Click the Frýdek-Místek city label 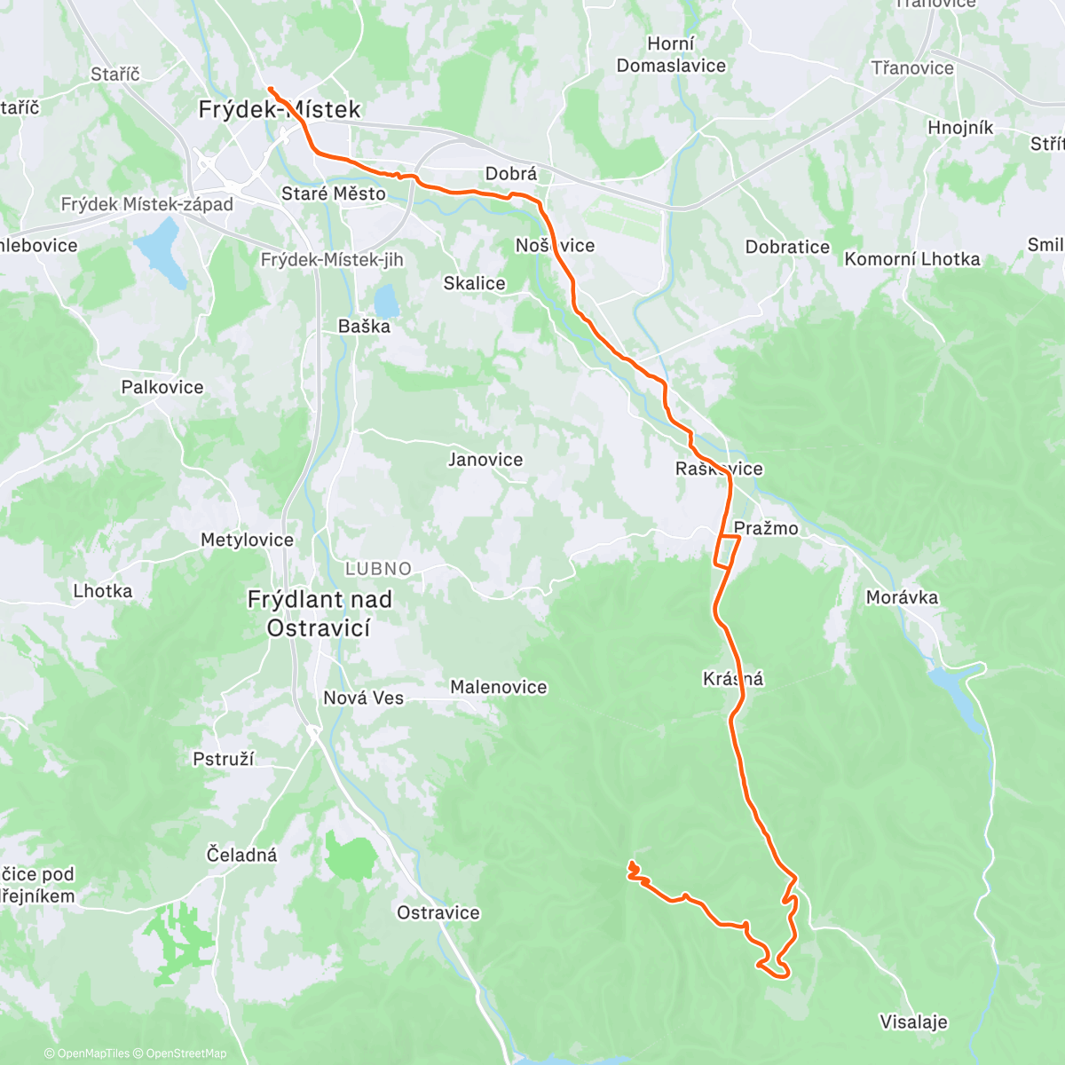(279, 110)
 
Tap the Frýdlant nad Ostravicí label (319, 613)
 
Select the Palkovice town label (162, 387)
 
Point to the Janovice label (485, 460)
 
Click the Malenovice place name (499, 687)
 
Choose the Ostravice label (438, 912)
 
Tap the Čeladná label (242, 856)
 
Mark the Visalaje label (913, 1022)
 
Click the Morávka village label (902, 597)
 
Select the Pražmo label (766, 529)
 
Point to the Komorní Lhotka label (912, 259)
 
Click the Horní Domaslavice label (671, 55)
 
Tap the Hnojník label (960, 128)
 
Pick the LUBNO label (379, 569)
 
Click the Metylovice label (247, 540)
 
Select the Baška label (364, 327)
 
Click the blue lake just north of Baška (386, 299)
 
